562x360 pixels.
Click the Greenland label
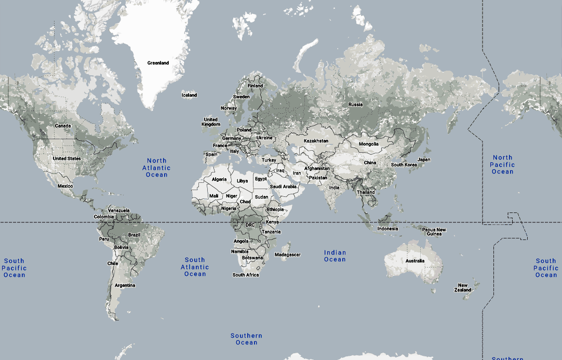coord(158,63)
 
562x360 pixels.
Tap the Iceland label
coord(189,95)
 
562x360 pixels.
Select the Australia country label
coord(415,261)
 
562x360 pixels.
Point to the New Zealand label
coord(463,287)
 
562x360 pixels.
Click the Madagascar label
coord(288,255)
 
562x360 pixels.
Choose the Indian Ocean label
coord(335,256)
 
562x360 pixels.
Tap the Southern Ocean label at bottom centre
coord(247,339)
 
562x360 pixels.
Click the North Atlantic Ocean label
coord(156,168)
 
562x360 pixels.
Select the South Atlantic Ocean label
coord(195,266)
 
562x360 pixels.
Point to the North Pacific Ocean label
coord(502,164)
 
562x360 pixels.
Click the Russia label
coord(356,104)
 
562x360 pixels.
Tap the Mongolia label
coord(369,144)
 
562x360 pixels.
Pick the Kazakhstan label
coord(316,141)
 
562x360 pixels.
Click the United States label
coord(66,158)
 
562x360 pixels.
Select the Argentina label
coord(125,285)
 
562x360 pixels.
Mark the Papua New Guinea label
coord(434,232)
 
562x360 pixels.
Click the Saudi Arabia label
coord(283,186)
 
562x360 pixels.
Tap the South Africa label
coord(246,275)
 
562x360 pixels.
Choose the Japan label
coord(424,159)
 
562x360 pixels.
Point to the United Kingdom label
coord(211,122)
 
